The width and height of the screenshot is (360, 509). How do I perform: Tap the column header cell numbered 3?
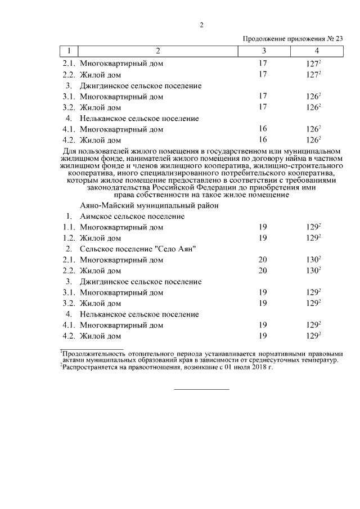pos(263,51)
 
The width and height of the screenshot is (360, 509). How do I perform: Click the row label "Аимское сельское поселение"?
pos(132,217)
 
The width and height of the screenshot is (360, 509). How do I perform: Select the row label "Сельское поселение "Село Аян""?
pos(138,249)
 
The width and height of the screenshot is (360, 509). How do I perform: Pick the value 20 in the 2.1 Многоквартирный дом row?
pos(263,260)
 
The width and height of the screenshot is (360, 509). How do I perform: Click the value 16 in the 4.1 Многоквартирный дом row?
pos(263,129)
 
